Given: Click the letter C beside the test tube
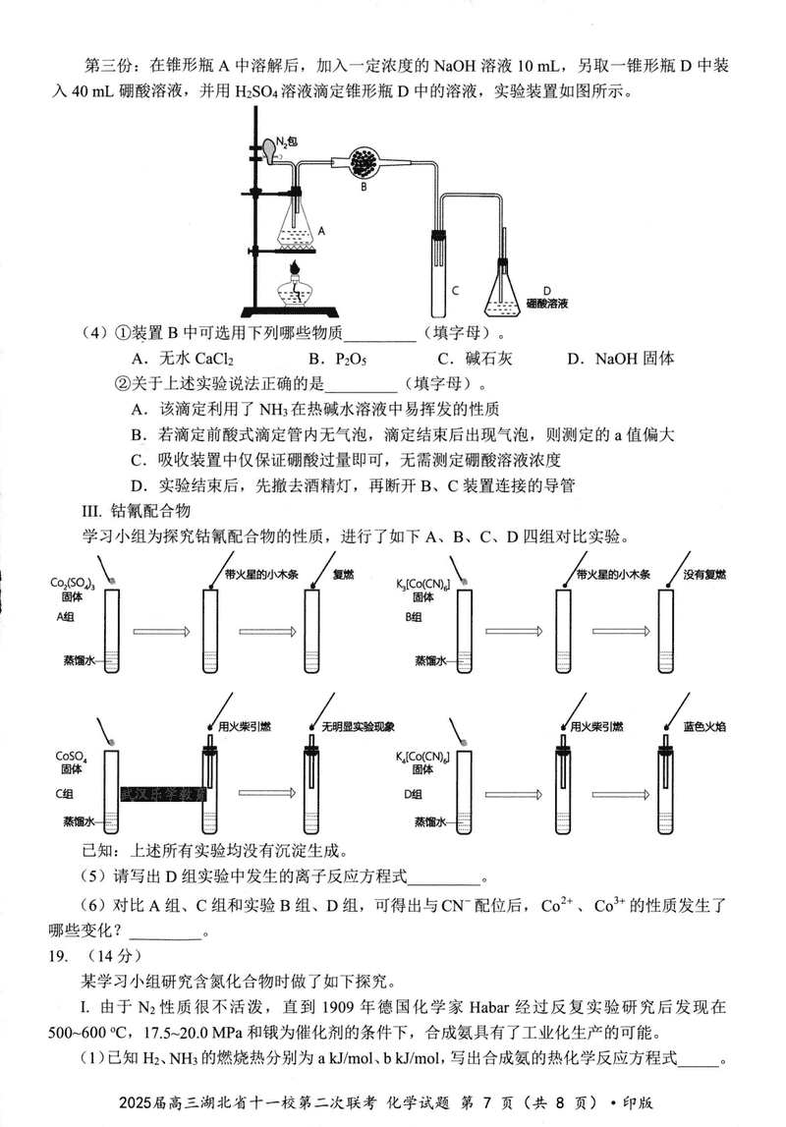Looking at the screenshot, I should coord(455,290).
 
